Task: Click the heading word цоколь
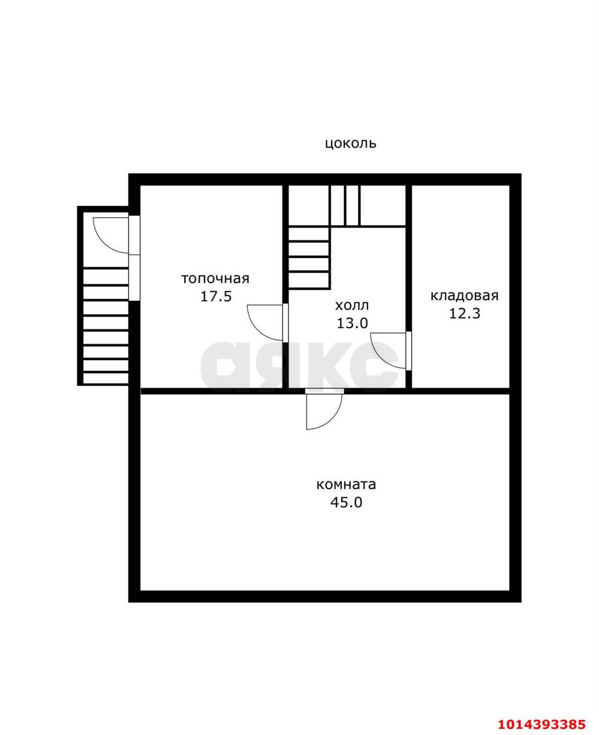[x=350, y=143]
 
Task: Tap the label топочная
[x=215, y=278]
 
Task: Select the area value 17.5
[x=216, y=296]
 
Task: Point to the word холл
[x=352, y=305]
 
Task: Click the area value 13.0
[x=352, y=323]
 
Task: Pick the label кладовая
[x=465, y=296]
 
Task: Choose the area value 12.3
[x=465, y=314]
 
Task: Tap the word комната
[x=346, y=485]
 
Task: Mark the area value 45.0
[x=346, y=502]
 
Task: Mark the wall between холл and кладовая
[x=409, y=287]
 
